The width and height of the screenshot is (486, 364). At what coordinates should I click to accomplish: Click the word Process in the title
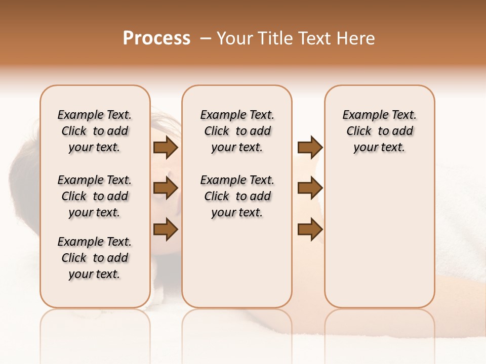156,38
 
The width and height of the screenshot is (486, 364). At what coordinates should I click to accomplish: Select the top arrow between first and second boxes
166,147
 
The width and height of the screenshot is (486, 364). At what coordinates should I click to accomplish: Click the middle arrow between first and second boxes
166,188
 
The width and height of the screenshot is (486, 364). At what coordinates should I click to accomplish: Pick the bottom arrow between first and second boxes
166,230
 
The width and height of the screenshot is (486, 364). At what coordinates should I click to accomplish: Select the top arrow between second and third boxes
310,147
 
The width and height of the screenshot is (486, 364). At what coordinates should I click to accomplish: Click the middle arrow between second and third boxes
310,188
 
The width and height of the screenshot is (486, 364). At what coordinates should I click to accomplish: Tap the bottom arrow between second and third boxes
310,230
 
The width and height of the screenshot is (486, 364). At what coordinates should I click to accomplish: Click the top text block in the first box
95,131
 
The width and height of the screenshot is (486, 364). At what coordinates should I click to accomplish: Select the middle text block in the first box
95,196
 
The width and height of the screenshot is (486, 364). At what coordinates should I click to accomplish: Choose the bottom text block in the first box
95,258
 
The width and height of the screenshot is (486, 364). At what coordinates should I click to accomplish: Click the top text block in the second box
237,131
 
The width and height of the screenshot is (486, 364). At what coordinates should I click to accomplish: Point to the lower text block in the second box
237,196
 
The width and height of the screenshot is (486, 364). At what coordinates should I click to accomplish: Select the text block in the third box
380,131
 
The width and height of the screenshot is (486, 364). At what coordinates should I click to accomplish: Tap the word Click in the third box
359,131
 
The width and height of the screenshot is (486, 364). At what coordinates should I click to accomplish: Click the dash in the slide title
205,38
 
